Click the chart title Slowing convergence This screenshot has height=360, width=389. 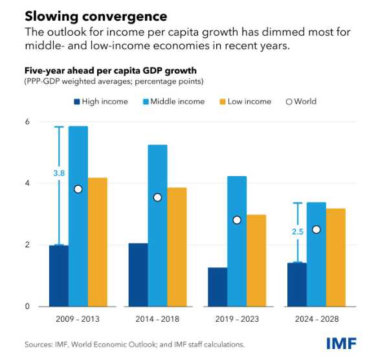point(96,16)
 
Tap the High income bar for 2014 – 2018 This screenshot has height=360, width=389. point(138,275)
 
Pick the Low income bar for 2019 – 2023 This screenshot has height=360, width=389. point(256,260)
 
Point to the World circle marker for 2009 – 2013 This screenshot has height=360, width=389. point(78,189)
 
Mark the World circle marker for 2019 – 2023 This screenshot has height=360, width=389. point(237,220)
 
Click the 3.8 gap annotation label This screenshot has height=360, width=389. point(58,173)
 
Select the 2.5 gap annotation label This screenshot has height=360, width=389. point(296,232)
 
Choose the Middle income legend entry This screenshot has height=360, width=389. point(177,102)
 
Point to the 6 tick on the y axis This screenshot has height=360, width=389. point(27,122)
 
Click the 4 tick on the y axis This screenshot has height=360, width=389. point(27,183)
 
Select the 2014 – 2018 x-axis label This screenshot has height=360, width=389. point(157,319)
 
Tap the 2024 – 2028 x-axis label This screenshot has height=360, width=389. point(317,319)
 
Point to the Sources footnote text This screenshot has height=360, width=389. point(135,344)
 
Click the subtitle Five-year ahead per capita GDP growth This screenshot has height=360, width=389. point(111,71)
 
